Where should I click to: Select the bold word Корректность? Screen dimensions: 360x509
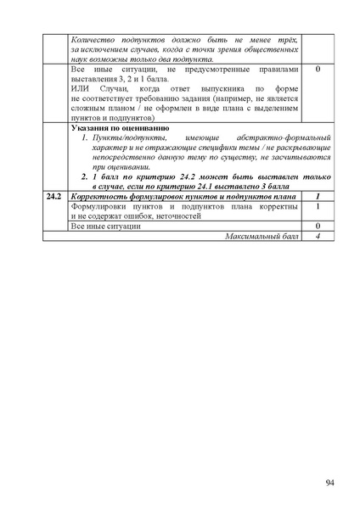105,196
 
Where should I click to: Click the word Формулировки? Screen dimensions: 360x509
99,206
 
